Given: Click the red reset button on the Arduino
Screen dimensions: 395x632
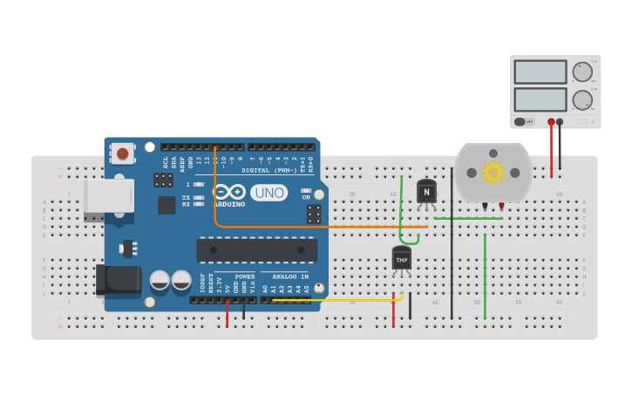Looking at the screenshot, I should [123, 154].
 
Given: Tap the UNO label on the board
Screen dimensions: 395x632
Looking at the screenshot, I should [268, 193].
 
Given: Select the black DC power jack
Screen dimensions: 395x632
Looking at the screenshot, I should [117, 280].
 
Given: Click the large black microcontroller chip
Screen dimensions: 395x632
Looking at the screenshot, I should [257, 250].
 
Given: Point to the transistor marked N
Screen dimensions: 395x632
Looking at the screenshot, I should [426, 192].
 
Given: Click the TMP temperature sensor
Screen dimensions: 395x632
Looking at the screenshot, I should [401, 259].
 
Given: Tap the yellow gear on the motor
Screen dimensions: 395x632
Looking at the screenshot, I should [493, 172].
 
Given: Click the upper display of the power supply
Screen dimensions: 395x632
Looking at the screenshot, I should [540, 72].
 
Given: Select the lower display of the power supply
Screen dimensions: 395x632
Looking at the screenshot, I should [540, 99].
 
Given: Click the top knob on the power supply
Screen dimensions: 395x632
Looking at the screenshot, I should [581, 72].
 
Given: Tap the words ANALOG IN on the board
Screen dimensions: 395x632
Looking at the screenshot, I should [288, 276].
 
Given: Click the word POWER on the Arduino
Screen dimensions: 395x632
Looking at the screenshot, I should [245, 276].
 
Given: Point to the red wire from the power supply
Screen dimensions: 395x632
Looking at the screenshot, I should [551, 153].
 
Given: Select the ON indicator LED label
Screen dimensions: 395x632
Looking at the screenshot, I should [306, 196].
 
